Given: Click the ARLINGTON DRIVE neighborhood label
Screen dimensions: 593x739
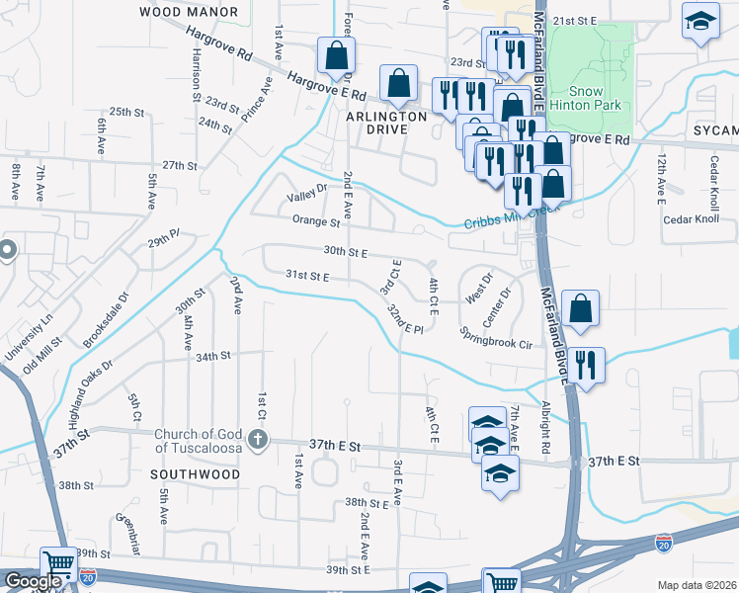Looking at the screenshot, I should tap(385, 123).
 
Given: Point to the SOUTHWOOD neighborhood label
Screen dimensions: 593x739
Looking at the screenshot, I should tap(195, 474).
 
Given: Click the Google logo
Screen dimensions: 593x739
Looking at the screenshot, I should tap(33, 581).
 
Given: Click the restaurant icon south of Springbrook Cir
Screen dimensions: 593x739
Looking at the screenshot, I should tap(587, 366).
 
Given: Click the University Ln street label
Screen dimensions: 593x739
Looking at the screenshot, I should tap(27, 336).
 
